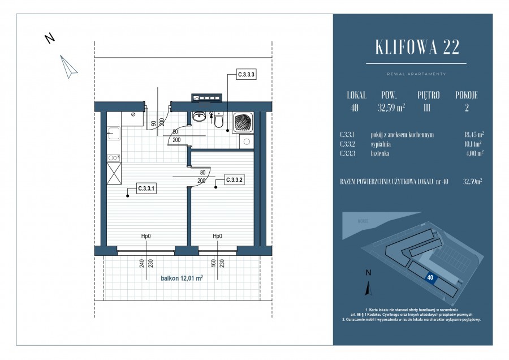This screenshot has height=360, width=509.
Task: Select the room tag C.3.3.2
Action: tap(234, 180)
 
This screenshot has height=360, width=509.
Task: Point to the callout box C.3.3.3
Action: tap(246, 74)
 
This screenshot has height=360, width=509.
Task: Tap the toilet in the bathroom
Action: tap(219, 120)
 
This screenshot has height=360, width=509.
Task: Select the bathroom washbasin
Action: tap(199, 117)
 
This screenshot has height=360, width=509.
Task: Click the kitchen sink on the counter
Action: tap(111, 134)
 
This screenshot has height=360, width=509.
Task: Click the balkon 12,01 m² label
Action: tap(181, 278)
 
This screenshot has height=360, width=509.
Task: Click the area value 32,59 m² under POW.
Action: tap(391, 107)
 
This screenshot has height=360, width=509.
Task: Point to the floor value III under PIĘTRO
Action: tap(428, 107)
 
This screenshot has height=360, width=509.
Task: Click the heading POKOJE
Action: tap(466, 95)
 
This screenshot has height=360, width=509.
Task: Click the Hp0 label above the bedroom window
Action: tap(217, 237)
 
